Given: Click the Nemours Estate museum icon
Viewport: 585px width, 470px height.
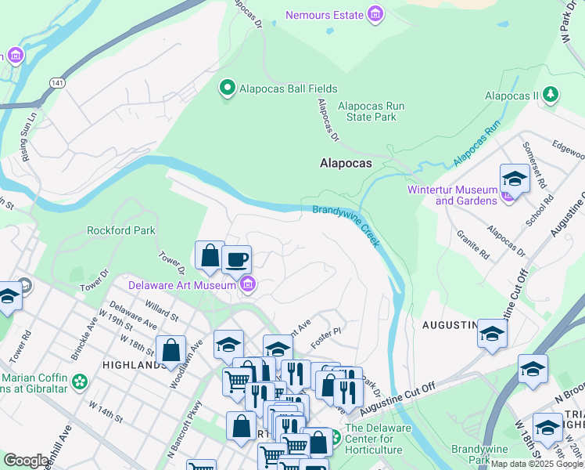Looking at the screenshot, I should pos(376,15).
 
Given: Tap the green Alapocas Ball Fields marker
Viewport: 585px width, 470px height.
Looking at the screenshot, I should pos(228,88).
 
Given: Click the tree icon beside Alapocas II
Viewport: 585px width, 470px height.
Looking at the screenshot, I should pos(551,95).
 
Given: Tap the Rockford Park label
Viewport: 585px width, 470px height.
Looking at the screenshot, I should pos(121,230).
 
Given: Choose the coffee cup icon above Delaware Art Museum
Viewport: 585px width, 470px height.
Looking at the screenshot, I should pos(236,259).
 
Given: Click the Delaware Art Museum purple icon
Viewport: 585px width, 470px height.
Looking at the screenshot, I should pos(248,284).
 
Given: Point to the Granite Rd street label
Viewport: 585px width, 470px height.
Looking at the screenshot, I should pos(473,244).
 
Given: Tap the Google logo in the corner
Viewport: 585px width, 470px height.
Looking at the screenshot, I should pos(26,461).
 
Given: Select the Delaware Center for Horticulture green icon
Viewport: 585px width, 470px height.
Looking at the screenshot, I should pos(334,436).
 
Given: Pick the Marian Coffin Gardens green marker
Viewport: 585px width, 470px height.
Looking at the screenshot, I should pos(79,381).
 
